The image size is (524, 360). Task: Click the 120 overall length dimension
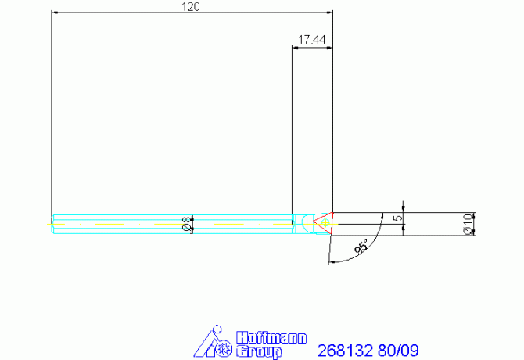(191, 6)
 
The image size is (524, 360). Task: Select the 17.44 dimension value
(311, 40)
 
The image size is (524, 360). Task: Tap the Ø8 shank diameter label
(188, 224)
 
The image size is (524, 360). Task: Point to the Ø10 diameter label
(468, 224)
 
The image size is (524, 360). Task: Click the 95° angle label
(361, 247)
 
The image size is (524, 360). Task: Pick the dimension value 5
(398, 218)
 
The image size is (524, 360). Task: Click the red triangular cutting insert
(324, 222)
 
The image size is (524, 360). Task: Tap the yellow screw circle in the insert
(325, 222)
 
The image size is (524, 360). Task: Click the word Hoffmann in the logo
(271, 338)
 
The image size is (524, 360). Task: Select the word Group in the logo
(259, 351)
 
